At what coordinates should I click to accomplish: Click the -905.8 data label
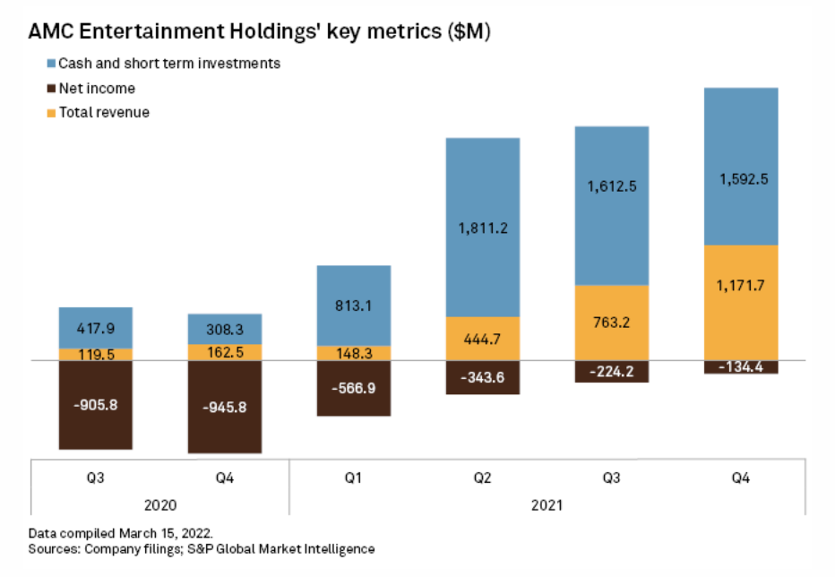[x=95, y=403]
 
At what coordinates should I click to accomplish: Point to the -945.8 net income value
[x=225, y=407]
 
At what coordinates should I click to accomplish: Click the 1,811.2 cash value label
[x=483, y=228]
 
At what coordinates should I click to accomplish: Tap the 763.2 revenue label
[x=612, y=324]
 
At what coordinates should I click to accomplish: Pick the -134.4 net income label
[x=741, y=366]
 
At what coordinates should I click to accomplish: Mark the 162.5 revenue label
[x=225, y=352]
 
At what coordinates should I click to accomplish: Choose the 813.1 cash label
[x=354, y=305]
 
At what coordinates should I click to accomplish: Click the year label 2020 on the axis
[x=160, y=505]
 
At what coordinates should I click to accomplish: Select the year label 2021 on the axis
[x=547, y=505]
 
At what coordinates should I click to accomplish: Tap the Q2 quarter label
[x=483, y=478]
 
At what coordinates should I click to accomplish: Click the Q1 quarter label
[x=354, y=478]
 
